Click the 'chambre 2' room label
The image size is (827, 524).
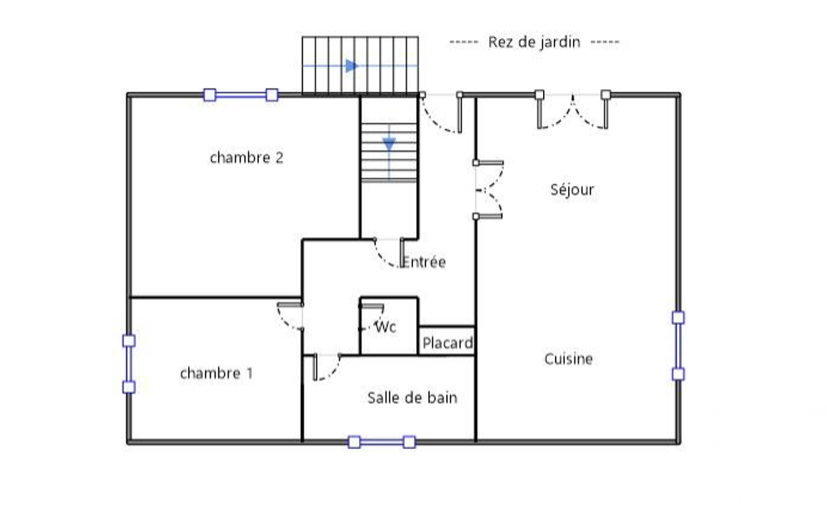tap(246, 158)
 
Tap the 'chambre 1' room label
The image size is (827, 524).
tap(216, 373)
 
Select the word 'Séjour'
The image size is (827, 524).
tap(572, 189)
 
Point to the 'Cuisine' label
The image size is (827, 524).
tap(569, 359)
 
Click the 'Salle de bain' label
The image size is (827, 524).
tap(412, 397)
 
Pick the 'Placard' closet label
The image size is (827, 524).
tap(448, 343)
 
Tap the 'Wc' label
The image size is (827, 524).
tap(386, 326)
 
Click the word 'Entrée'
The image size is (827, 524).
tap(424, 261)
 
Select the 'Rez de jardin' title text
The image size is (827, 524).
tap(534, 42)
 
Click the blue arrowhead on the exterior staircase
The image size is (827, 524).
tap(352, 66)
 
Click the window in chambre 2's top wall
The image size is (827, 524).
tap(240, 95)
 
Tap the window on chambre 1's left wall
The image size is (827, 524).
tap(129, 364)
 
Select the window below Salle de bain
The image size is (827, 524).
tap(382, 442)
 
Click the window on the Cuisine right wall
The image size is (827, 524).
tap(679, 346)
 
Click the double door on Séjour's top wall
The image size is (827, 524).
tap(573, 110)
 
